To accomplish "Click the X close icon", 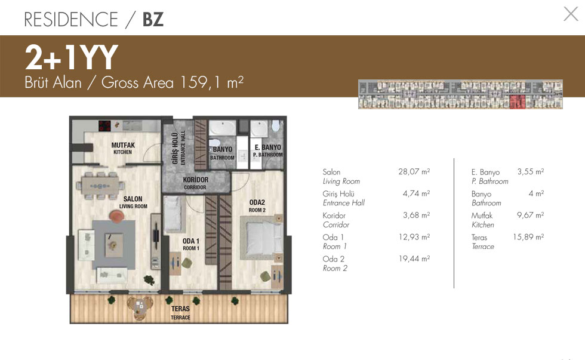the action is [x=571, y=14].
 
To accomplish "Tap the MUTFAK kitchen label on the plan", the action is [x=123, y=148].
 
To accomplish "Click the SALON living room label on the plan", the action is [x=133, y=202].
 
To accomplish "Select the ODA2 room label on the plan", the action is [x=257, y=205].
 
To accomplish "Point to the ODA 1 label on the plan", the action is [x=190, y=244].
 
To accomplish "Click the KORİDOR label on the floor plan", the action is [x=196, y=183].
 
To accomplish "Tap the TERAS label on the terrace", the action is [x=180, y=313].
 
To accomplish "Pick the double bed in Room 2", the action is [x=262, y=237].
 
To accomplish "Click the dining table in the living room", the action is [x=100, y=186].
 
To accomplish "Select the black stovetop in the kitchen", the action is [x=105, y=126].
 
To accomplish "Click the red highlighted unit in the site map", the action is [x=518, y=101].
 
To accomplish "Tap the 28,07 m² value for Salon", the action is [x=414, y=171].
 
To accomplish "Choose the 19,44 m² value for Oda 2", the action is [x=414, y=259].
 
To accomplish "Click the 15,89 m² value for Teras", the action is [x=528, y=237].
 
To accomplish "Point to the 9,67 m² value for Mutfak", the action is [x=530, y=216].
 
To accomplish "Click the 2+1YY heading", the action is [x=71, y=57].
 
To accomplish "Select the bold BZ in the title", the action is [x=153, y=19].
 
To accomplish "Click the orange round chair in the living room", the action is [x=116, y=216].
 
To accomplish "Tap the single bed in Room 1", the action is [x=174, y=214].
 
